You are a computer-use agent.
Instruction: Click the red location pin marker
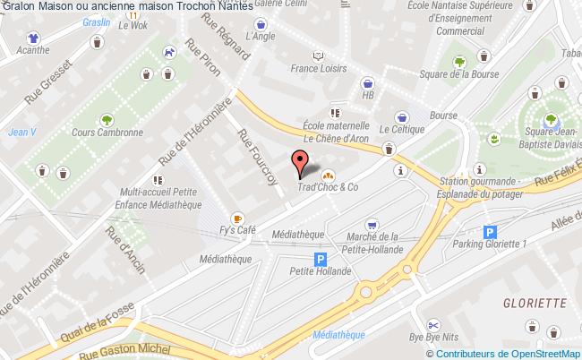coord(300,162)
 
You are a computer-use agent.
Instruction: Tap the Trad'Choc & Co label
coord(328,187)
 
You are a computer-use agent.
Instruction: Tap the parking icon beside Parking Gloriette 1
coord(489,231)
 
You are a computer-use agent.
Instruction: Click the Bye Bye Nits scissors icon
coord(432,324)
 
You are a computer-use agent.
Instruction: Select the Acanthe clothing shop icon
coord(33,38)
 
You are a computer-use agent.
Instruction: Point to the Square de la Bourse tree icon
coord(459,62)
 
